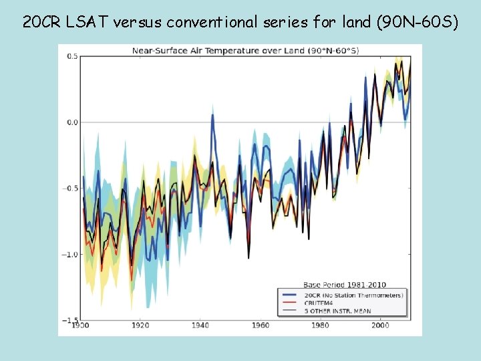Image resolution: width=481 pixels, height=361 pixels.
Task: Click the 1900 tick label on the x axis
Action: [x=80, y=326]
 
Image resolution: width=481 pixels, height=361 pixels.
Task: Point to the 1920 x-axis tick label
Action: [x=140, y=326]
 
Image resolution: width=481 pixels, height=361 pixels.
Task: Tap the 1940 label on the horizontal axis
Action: [x=200, y=326]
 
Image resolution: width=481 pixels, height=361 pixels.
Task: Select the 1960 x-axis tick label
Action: [x=261, y=326]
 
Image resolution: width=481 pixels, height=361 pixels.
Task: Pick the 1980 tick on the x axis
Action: [x=320, y=326]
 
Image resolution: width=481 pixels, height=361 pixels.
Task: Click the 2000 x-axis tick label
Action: [x=380, y=326]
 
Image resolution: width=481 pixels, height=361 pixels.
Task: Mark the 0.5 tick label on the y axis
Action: [x=71, y=56]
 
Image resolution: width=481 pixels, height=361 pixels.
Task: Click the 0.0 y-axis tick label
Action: [x=71, y=122]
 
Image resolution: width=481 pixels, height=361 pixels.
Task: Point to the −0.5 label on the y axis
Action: [x=69, y=188]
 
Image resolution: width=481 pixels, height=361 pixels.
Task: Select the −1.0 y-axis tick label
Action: [x=69, y=254]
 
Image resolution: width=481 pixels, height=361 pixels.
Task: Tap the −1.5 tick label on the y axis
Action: [x=69, y=320]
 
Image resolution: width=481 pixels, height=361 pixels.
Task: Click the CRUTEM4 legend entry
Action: [x=319, y=303]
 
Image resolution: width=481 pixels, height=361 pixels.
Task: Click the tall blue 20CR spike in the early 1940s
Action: [x=212, y=116]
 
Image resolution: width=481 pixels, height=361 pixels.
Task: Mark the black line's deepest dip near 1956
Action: [x=249, y=257]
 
